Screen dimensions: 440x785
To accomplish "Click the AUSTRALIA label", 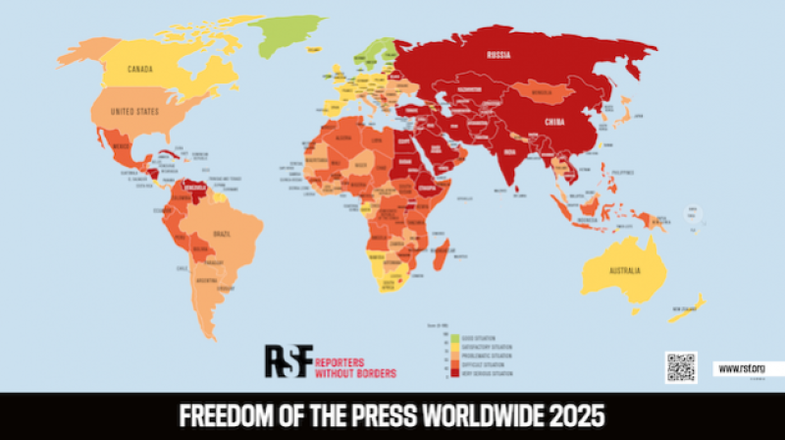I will click(x=622, y=270).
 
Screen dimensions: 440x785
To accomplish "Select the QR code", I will click(x=680, y=366).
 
